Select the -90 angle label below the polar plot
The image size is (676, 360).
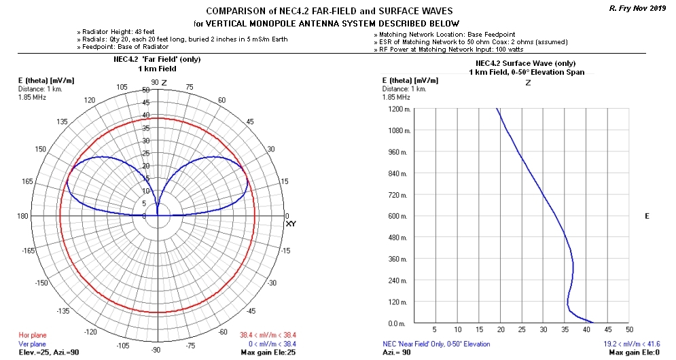click(x=156, y=350)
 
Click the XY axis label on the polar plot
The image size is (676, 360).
click(x=291, y=223)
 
